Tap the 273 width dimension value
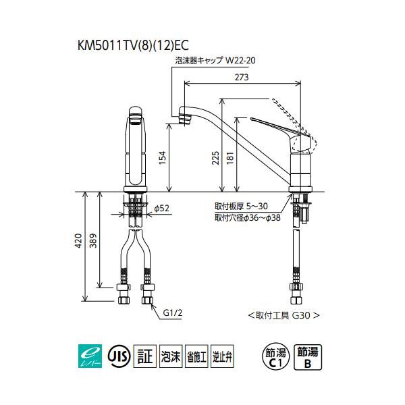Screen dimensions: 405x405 (242, 77)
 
